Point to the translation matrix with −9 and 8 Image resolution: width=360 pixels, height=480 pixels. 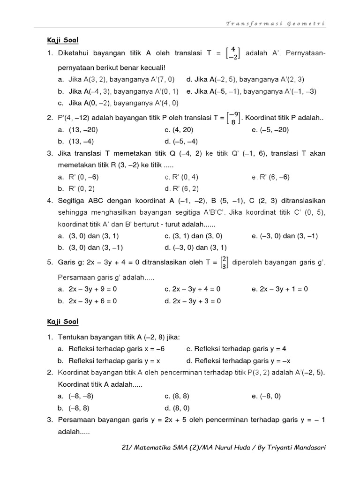[x=233, y=119]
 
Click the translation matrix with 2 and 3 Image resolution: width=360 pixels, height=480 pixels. [x=224, y=262]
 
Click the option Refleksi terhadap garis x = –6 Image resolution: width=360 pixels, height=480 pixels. [x=117, y=349]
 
